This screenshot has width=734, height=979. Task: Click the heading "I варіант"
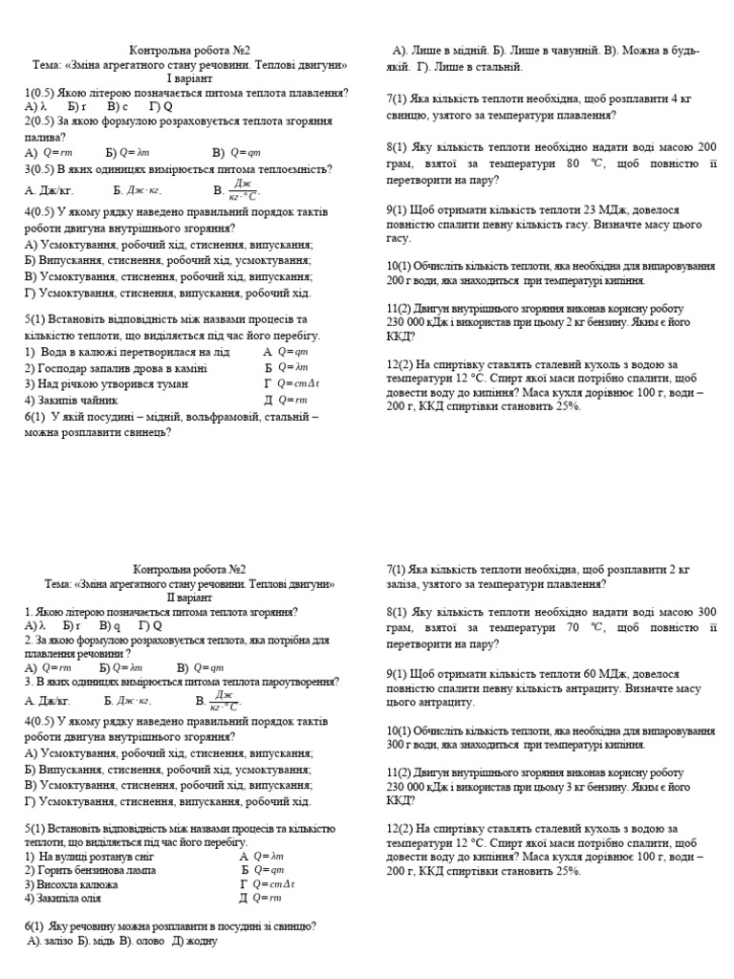click(x=191, y=78)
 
